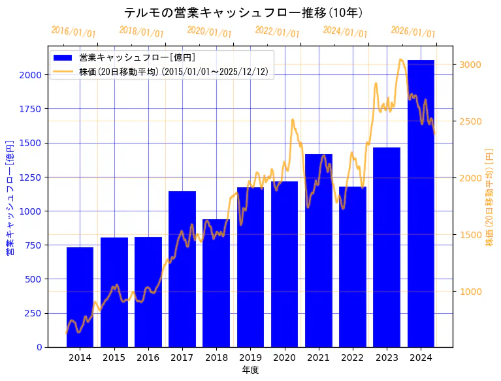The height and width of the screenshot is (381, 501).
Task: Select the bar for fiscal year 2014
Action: coord(80,297)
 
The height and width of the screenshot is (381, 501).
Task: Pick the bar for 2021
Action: coord(319,251)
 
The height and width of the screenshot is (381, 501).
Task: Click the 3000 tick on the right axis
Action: coord(470,65)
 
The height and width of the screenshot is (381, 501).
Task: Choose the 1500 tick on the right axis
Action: coord(470,235)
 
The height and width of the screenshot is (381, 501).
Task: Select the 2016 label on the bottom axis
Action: coord(148,358)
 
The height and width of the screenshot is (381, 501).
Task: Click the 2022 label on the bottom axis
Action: coord(353,358)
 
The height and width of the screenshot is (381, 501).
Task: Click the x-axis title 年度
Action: coord(250,370)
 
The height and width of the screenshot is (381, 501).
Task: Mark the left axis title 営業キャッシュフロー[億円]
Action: coord(10,196)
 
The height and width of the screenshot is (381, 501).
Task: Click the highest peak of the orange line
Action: coord(400,59)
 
